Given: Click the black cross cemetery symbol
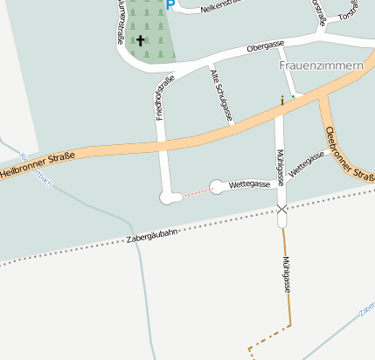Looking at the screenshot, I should [140, 40].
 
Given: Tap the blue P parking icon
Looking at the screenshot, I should [171, 5].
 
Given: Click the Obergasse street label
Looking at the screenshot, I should [266, 46].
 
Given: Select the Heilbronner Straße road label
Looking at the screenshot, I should [37, 163].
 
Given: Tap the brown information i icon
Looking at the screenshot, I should [281, 100].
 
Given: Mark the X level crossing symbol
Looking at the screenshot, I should [281, 210].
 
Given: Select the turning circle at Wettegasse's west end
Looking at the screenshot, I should [217, 185].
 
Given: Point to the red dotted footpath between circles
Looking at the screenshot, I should [196, 192].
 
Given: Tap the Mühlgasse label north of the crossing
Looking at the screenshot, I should [281, 166].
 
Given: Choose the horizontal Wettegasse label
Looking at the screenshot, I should [248, 184].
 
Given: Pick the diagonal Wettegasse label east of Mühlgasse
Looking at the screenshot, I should [307, 163].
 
